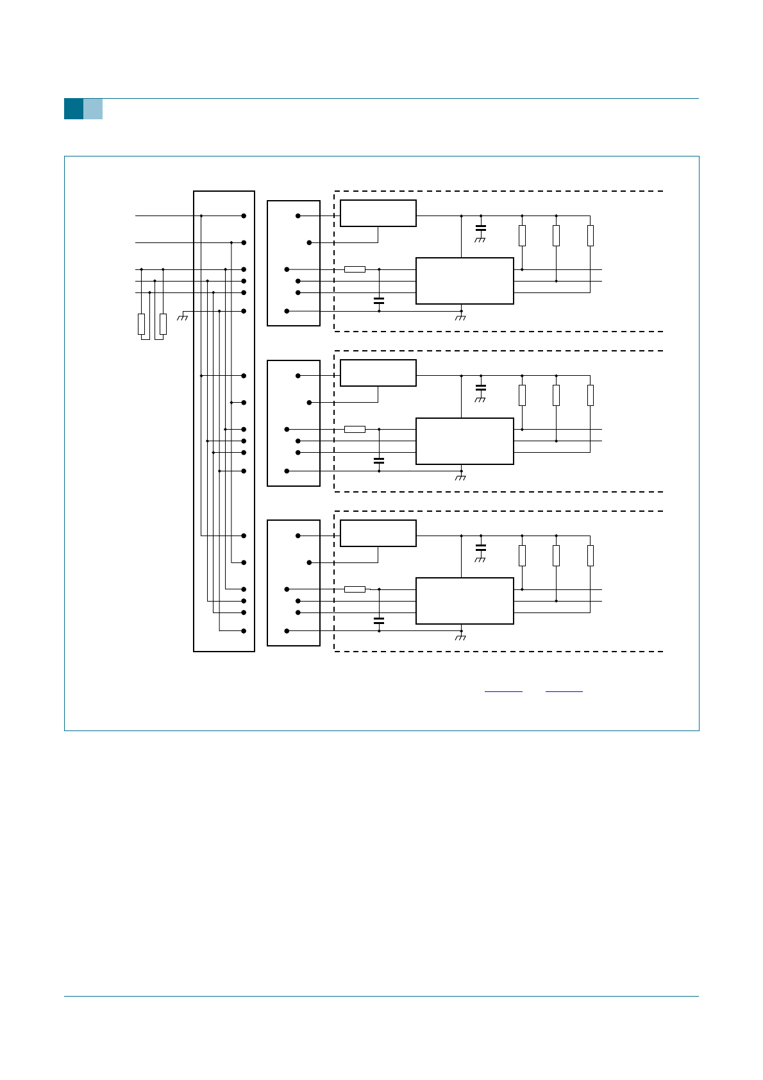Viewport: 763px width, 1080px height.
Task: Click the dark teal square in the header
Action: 74,109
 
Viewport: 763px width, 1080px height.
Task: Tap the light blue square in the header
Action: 93,109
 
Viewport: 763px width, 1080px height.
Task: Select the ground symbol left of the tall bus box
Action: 183,316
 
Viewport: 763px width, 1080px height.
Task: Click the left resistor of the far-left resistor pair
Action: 141,324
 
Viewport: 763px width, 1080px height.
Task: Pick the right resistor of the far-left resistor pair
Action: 163,324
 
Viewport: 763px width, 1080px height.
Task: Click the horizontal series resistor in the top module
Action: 355,269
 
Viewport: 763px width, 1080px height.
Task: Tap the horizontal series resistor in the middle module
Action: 355,429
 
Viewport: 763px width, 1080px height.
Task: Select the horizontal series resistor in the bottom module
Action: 355,589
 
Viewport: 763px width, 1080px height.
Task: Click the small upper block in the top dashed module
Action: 378,213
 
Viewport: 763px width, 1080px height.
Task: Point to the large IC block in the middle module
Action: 465,441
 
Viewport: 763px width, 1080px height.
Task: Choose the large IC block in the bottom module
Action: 465,601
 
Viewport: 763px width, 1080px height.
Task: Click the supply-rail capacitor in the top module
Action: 481,228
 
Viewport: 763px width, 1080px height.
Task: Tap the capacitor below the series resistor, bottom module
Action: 379,620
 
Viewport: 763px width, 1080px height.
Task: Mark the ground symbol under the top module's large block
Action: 460,317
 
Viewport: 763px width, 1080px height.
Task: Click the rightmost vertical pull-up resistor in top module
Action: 590,235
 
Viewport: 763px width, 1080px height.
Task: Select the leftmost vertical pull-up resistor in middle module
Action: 522,395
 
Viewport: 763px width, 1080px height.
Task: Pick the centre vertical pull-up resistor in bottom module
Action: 556,555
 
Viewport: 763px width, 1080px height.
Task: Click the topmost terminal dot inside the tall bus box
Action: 244,216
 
